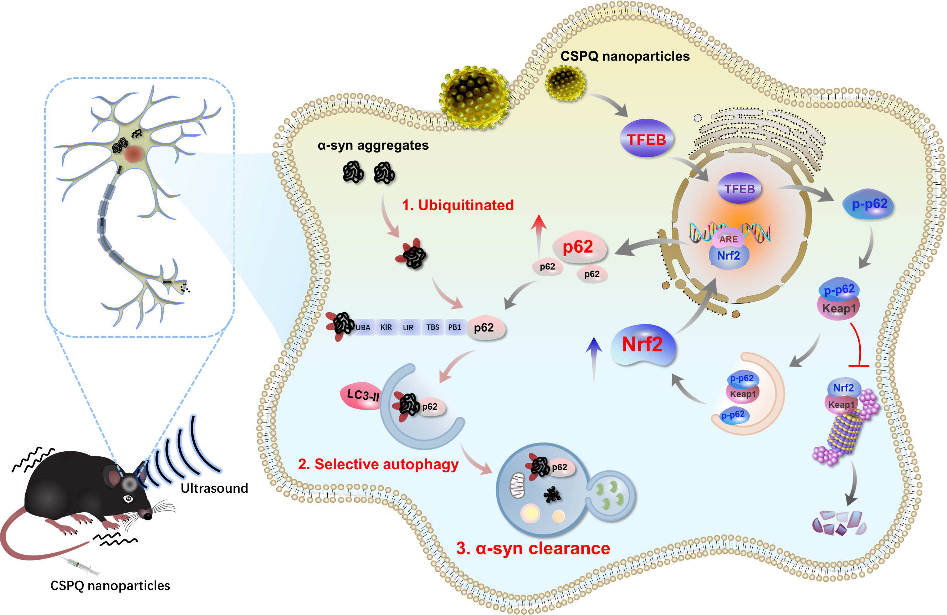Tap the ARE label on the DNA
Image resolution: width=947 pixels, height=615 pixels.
coord(728,239)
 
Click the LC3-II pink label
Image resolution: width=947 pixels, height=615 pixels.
coord(362,395)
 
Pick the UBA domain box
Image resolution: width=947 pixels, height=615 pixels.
coord(363,327)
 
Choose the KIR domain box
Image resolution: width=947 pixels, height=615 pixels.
coord(386,327)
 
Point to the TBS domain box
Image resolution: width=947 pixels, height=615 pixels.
coord(432,327)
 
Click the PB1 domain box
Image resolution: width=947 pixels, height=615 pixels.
coord(454,327)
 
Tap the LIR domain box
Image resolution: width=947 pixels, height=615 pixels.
coord(408,327)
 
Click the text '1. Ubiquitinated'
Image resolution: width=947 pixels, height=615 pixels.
coord(457,205)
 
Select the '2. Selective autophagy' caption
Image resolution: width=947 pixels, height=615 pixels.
coord(378,464)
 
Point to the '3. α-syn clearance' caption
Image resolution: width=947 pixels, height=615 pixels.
coord(533,549)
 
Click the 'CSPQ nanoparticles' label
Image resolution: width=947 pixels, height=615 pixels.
coord(625,56)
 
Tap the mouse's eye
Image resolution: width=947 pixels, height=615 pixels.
coord(128,498)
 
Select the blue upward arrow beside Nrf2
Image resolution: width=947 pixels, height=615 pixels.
coord(594,358)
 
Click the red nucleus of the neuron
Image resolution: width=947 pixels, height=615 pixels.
coord(133,154)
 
